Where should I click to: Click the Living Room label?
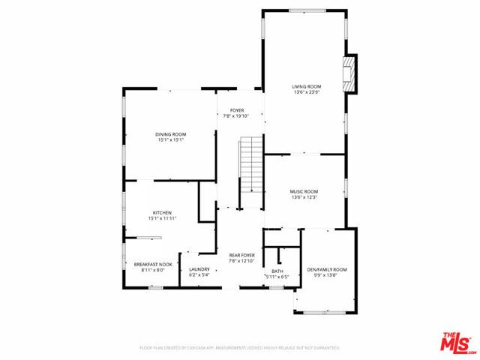pyautogui.click(x=306, y=87)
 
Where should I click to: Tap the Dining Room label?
pyautogui.click(x=171, y=134)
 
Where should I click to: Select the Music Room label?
pyautogui.click(x=304, y=191)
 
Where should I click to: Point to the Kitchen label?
pyautogui.click(x=162, y=212)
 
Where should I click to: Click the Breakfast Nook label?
pyautogui.click(x=153, y=264)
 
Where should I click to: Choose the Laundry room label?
pyautogui.click(x=199, y=269)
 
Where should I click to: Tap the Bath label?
pyautogui.click(x=277, y=271)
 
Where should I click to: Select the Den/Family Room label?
pyautogui.click(x=327, y=269)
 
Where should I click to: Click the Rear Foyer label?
pyautogui.click(x=242, y=256)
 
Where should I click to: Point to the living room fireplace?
pyautogui.click(x=349, y=73)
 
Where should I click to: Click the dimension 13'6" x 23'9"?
pyautogui.click(x=306, y=93)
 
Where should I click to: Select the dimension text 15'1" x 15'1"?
pyautogui.click(x=171, y=140)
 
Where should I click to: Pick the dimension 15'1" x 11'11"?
pyautogui.click(x=162, y=218)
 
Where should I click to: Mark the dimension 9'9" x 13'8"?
pyautogui.click(x=327, y=275)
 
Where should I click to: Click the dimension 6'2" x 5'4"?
pyautogui.click(x=199, y=275)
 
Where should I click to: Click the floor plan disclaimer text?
pyautogui.click(x=240, y=348)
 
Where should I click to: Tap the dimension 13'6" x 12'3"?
pyautogui.click(x=304, y=197)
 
